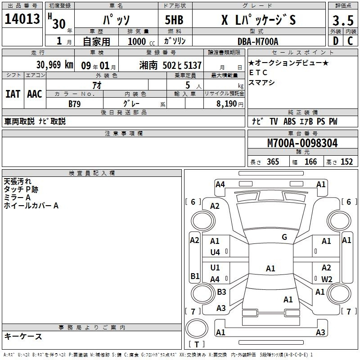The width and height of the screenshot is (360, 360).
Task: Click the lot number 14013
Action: coord(22,19)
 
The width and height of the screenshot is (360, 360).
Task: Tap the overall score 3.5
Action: coord(343,21)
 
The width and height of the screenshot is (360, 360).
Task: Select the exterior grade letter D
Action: coord(336,41)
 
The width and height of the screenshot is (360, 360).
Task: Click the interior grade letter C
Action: coord(350,41)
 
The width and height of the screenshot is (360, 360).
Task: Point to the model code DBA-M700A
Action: coord(258,41)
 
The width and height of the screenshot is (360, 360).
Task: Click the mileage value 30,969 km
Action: coord(54,65)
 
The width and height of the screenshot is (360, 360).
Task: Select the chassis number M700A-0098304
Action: coord(302,143)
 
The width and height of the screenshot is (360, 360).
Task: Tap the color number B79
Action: coord(74,104)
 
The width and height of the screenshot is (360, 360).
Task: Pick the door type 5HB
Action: coord(174,20)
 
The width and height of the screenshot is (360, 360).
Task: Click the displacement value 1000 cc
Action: coord(141,41)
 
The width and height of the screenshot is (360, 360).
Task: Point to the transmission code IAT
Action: coord(13,94)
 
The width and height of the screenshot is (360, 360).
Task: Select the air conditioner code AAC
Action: coord(35,94)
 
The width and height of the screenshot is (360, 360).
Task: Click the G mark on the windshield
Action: coord(284,237)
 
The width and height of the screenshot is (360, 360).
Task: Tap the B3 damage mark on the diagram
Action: coord(221,292)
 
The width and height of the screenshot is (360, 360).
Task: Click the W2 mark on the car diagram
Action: coord(327,279)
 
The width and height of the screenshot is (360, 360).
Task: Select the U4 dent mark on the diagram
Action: coord(215,252)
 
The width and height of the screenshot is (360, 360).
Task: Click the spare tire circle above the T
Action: coord(197,328)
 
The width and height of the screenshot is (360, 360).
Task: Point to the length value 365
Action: coord(273,162)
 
